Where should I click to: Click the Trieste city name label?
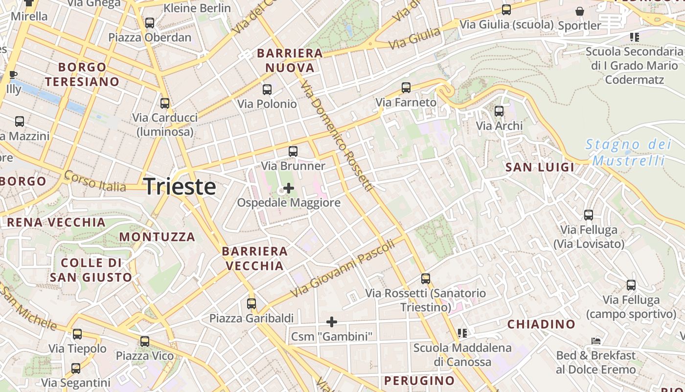[180, 187]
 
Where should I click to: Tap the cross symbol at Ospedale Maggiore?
[289, 188]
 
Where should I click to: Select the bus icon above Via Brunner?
[293, 151]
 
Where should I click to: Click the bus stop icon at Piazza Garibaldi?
[251, 304]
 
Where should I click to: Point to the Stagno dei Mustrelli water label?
[629, 152]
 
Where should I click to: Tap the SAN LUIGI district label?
[540, 167]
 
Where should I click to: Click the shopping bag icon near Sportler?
[580, 11]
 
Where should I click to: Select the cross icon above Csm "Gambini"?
[332, 322]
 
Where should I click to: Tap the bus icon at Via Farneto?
[406, 88]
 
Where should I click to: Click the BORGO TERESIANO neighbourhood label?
[83, 74]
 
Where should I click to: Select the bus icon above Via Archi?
[499, 111]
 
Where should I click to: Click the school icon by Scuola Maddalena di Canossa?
[462, 333]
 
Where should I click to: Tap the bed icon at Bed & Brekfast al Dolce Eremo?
[596, 341]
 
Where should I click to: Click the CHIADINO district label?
[541, 324]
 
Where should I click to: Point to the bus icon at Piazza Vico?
[145, 342]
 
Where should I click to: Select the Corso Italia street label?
[95, 181]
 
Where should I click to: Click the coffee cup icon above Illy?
[13, 75]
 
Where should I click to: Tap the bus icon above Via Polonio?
[267, 90]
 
